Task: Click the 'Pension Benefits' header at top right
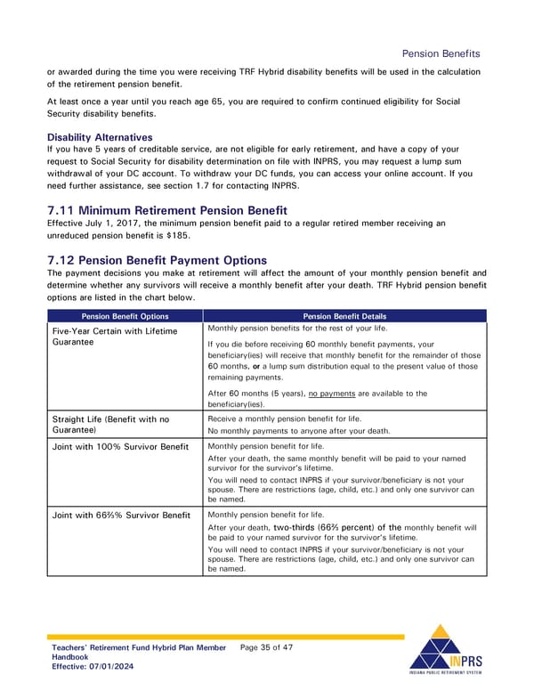pyautogui.click(x=441, y=53)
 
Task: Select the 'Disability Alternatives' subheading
pyautogui.click(x=100, y=137)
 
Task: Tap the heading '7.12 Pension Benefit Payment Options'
pyautogui.click(x=157, y=260)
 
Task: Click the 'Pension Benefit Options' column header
pyautogui.click(x=125, y=315)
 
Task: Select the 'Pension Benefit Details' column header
pyautogui.click(x=344, y=315)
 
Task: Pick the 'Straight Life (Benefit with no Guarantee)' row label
pyautogui.click(x=111, y=424)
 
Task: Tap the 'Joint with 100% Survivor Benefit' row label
pyautogui.click(x=120, y=446)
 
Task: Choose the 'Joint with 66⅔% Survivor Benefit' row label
pyautogui.click(x=120, y=515)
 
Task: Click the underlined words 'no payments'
pyautogui.click(x=333, y=393)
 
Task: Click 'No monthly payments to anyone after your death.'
pyautogui.click(x=298, y=431)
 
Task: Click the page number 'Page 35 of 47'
pyautogui.click(x=267, y=647)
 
